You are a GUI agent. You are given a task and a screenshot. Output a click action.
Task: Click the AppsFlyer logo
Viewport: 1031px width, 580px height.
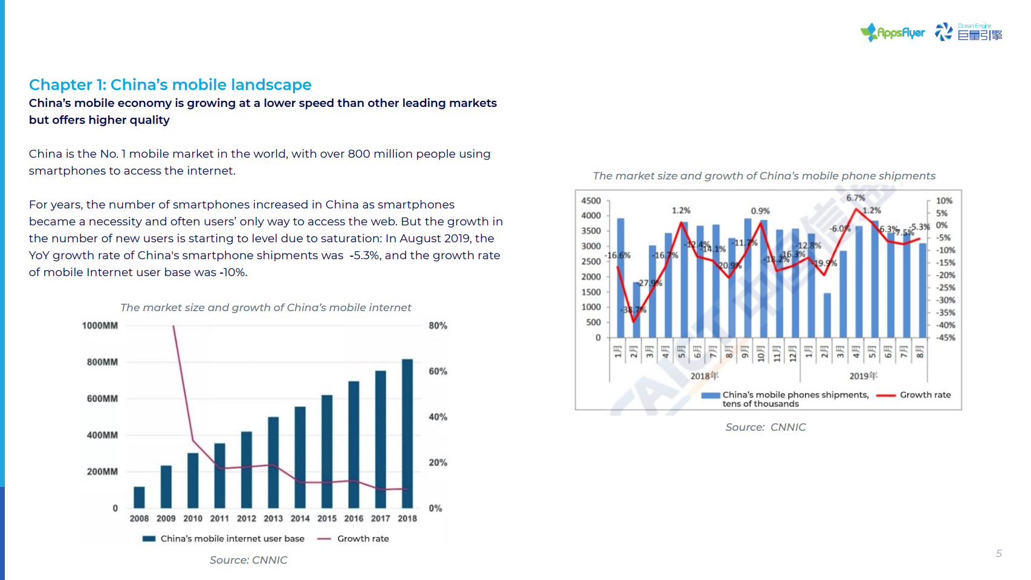tap(893, 33)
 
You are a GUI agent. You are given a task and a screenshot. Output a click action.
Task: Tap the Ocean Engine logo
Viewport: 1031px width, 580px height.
tap(969, 33)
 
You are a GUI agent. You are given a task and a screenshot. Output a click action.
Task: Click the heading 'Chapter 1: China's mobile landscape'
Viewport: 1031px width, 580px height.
tap(170, 85)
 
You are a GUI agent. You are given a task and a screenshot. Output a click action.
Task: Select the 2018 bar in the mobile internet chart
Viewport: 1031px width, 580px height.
tap(407, 433)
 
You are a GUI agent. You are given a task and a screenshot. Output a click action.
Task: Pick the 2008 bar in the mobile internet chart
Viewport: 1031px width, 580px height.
tap(139, 497)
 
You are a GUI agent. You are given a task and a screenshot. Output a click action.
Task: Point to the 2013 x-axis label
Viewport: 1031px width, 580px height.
tap(273, 518)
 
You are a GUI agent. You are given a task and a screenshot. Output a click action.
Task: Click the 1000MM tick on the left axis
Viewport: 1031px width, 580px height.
tap(100, 326)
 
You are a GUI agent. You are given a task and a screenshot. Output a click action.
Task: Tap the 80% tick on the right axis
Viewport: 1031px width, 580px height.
tap(438, 326)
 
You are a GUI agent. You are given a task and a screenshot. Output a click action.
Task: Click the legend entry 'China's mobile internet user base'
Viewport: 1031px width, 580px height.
tap(232, 538)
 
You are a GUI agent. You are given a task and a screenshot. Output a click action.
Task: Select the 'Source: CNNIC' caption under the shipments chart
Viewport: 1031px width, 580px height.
tap(765, 427)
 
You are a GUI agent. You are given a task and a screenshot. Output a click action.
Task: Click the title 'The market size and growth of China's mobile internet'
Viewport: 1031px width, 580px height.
tap(265, 308)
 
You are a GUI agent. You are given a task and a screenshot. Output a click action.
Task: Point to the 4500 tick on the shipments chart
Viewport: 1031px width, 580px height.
tap(591, 201)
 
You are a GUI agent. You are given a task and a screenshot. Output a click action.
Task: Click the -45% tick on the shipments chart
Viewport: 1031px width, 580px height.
tap(946, 338)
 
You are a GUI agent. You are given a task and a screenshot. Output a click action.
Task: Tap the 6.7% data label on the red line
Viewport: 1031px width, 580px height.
tap(855, 198)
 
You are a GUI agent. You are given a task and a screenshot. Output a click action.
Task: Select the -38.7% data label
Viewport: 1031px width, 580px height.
tap(633, 310)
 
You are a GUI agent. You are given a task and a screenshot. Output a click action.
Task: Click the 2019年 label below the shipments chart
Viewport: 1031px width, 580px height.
tap(863, 376)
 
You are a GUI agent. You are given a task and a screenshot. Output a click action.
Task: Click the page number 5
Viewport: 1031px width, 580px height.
tap(999, 553)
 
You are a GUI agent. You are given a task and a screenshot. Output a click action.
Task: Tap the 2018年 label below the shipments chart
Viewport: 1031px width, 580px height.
tap(705, 376)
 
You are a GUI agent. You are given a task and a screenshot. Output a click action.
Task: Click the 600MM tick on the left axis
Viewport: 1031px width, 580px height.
tap(102, 399)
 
